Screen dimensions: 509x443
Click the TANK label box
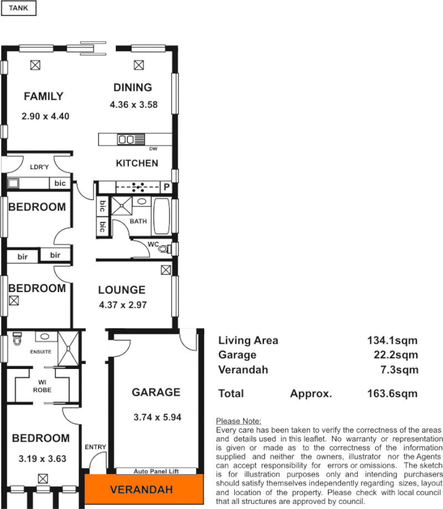point(18,8)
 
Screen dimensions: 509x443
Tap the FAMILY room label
point(43,97)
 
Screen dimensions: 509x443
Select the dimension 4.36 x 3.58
point(134,105)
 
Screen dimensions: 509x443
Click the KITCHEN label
point(137,164)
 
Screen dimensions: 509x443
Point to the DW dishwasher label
point(153,149)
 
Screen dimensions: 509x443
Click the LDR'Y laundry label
point(39,167)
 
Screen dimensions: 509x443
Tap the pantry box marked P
point(166,187)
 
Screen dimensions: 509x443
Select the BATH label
point(138,221)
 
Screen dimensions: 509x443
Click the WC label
point(153,244)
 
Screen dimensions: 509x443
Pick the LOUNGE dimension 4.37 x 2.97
point(123,305)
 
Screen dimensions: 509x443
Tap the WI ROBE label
point(42,386)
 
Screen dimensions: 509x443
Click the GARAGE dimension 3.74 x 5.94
point(156,418)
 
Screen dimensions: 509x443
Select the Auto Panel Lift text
point(156,471)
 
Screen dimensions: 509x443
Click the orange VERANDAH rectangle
point(144,489)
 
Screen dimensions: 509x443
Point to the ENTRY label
point(95,447)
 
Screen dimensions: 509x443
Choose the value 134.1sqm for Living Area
point(392,340)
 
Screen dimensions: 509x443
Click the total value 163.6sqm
point(392,394)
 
